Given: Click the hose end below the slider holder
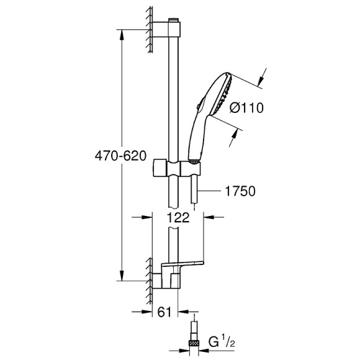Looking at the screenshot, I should pyautogui.click(x=194, y=192).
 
